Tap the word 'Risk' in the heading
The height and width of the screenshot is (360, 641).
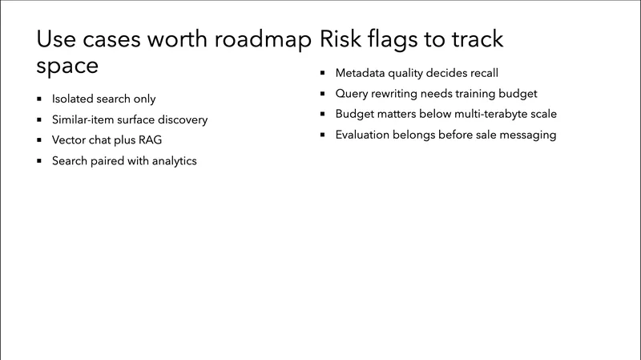click(342, 40)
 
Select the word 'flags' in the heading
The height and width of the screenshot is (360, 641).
click(401, 40)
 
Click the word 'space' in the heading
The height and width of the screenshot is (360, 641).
click(68, 67)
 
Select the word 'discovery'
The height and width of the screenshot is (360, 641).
click(182, 119)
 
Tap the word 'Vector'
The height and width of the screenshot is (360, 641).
click(70, 140)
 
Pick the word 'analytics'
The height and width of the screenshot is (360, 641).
click(170, 160)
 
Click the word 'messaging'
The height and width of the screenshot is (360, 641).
click(529, 135)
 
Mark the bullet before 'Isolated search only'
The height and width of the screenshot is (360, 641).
click(39, 99)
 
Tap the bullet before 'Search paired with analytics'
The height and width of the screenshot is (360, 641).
click(39, 160)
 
